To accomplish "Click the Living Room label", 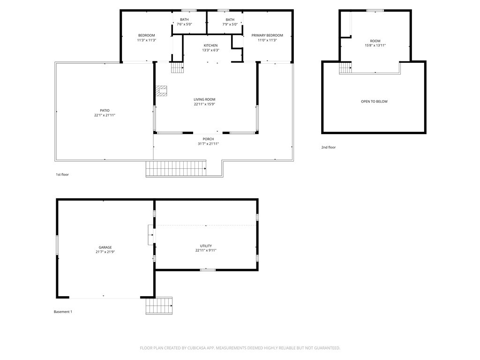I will (x=204, y=99).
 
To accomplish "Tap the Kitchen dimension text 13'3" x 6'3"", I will (x=210, y=50).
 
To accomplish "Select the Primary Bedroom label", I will (x=267, y=35).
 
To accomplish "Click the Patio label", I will (x=105, y=110).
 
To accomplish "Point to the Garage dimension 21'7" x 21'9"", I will (x=105, y=252).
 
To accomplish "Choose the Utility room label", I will (x=206, y=246).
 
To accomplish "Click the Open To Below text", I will (x=374, y=101).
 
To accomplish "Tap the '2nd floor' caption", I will (x=328, y=147).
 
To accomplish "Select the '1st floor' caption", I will (x=62, y=174).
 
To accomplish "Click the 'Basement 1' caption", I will (x=63, y=312).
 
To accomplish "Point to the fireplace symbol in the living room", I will (x=162, y=90).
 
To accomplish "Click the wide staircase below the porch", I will (x=176, y=168).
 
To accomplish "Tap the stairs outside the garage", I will (x=159, y=306).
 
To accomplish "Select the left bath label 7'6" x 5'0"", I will (x=184, y=24).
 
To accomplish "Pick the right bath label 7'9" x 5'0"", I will (x=230, y=24).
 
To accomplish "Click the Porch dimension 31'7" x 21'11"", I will (x=208, y=144).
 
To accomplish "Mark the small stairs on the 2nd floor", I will (x=345, y=68).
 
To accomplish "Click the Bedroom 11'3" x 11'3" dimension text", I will (x=146, y=40).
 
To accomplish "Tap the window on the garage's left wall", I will (x=57, y=245).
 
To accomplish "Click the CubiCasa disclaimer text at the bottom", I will (x=240, y=348).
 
